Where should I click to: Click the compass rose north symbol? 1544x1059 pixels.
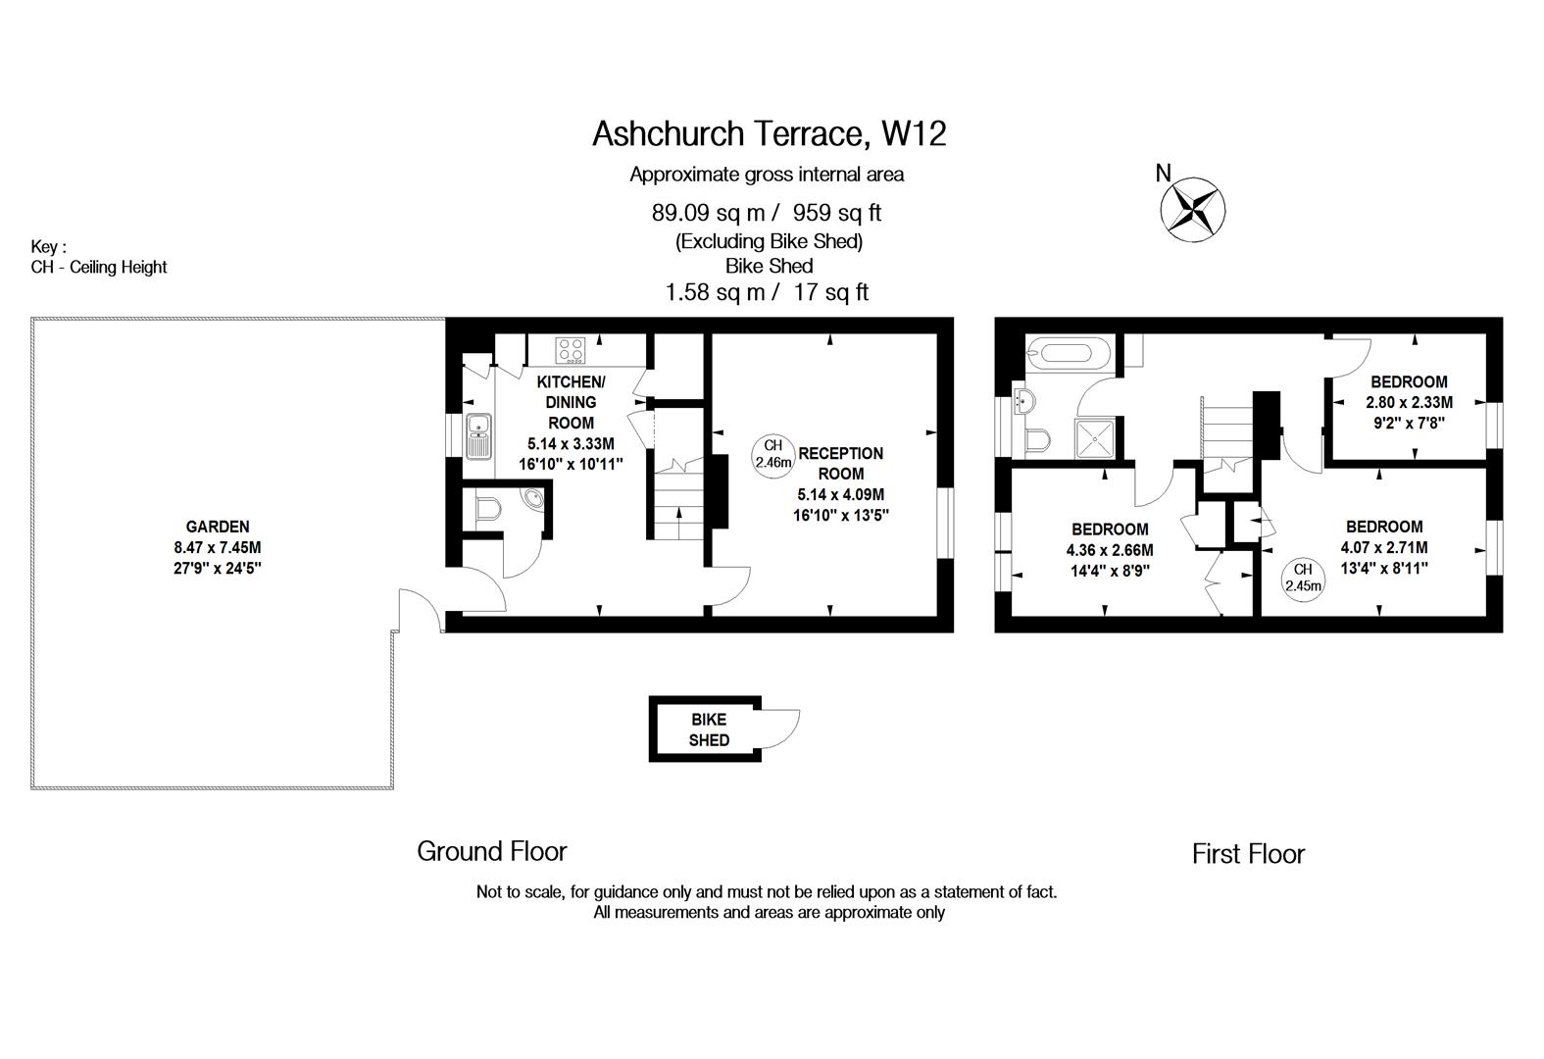tap(1192, 210)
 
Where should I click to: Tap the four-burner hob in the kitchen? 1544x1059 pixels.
tap(571, 350)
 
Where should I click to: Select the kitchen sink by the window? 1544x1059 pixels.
tap(478, 435)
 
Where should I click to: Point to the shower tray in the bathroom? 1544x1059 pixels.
tap(1095, 437)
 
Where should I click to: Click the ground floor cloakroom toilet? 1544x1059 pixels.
tap(488, 510)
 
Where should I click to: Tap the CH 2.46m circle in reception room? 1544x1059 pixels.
tap(772, 454)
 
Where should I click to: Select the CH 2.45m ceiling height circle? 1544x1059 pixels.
tap(1303, 578)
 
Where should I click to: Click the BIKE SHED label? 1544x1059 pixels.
tap(709, 730)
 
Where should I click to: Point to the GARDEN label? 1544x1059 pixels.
tap(217, 527)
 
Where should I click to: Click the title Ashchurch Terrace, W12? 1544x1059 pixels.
tap(769, 133)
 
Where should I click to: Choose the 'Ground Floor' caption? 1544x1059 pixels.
tap(491, 851)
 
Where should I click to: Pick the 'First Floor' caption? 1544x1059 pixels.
tap(1248, 854)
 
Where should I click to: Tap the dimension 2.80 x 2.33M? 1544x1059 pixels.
tap(1409, 402)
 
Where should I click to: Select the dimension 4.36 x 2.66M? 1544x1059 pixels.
tap(1110, 550)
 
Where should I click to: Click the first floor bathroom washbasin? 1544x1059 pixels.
tap(1023, 401)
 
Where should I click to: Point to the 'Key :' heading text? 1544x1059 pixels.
tap(48, 247)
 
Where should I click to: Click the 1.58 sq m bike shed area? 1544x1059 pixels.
tap(715, 292)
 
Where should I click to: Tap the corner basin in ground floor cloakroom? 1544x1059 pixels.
tap(532, 498)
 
